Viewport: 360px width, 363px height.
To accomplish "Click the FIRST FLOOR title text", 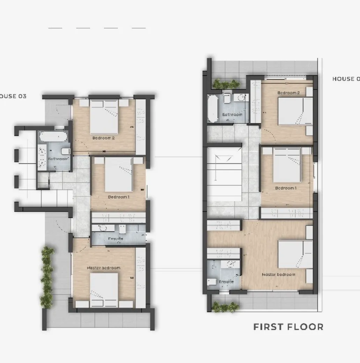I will click(288, 327).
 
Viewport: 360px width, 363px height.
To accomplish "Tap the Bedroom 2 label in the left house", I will click(104, 138).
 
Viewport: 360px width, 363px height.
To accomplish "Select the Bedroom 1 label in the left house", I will click(118, 197).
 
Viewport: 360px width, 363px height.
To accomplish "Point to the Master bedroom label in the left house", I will click(104, 268).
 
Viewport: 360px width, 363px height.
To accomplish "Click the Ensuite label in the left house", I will click(115, 239).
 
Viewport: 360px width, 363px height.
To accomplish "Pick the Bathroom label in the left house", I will click(58, 159).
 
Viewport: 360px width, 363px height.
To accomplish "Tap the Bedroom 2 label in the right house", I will click(288, 93).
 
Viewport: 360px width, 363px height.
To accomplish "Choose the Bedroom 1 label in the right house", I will click(286, 188).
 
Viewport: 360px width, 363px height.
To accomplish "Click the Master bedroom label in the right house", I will click(278, 275).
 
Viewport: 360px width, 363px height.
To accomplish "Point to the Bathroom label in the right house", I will click(232, 114).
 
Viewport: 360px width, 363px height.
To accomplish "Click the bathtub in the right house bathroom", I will click(213, 108).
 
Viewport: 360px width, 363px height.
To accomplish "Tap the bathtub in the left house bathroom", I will click(53, 136).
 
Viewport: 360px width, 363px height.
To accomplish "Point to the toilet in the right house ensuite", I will click(212, 282).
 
